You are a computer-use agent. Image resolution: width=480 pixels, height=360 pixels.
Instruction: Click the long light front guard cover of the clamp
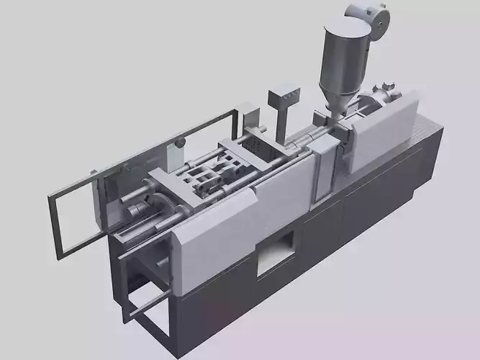click(245, 216)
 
